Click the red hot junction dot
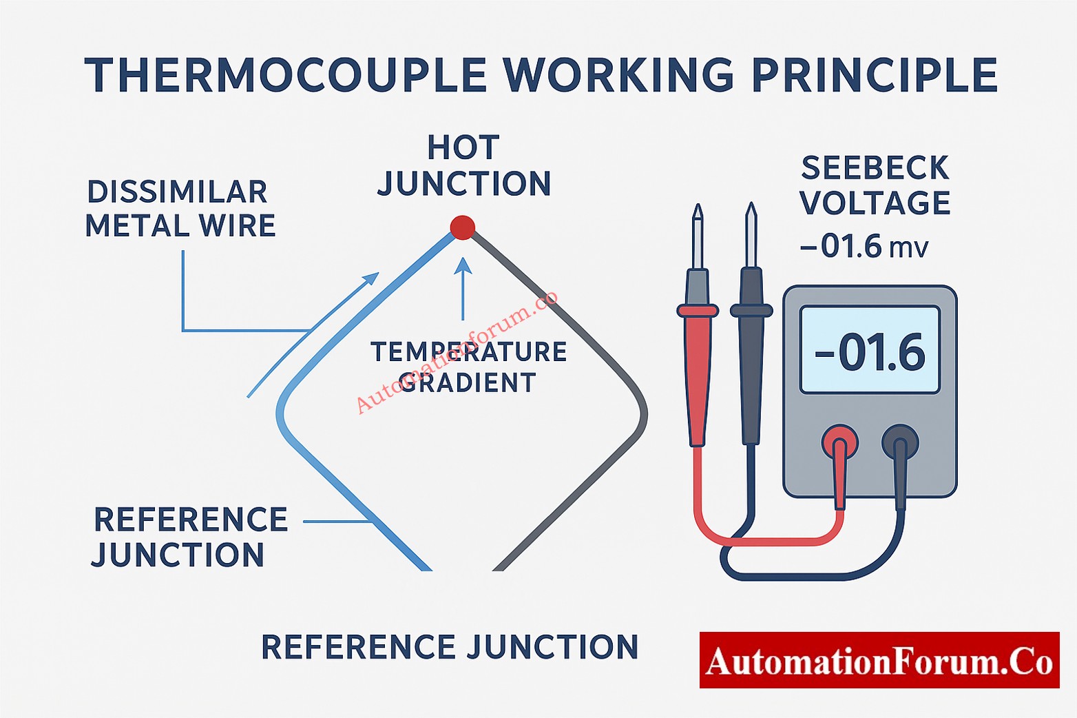point(462,227)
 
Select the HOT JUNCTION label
point(463,166)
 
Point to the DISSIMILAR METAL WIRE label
point(180,209)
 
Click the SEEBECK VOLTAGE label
point(875,185)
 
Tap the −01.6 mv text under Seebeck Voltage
point(864,247)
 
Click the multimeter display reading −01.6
point(870,351)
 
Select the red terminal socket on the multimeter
point(839,441)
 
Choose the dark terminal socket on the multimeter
point(900,442)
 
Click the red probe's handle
point(697,372)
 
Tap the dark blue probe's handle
point(751,372)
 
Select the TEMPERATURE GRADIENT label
point(468,367)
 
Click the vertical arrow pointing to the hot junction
point(463,289)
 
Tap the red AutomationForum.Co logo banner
point(879,660)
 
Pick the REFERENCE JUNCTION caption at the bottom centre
point(450,648)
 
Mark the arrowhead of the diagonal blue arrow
point(372,278)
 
